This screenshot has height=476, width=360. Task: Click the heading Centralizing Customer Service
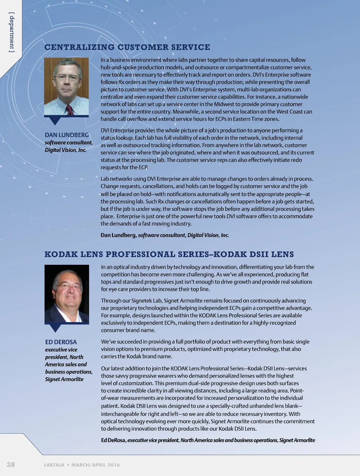[x=127, y=47]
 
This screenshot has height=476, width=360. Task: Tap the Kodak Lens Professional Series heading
[x=169, y=254]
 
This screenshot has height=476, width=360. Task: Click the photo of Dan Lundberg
[x=66, y=86]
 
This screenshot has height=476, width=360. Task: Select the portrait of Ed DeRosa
[x=67, y=294]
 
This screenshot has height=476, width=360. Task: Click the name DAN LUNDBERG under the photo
[x=67, y=135]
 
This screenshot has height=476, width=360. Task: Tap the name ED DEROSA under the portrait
[x=61, y=342]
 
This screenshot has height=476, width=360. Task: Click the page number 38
[x=11, y=464]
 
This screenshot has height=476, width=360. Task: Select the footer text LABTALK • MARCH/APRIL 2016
[x=82, y=465]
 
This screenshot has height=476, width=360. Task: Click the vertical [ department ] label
[x=12, y=32]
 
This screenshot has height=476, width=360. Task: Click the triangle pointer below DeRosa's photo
[x=55, y=328]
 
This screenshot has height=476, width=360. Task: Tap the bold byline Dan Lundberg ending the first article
[x=118, y=235]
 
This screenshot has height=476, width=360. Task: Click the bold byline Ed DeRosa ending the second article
[x=114, y=441]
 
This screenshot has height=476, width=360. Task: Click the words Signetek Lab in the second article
[x=147, y=301]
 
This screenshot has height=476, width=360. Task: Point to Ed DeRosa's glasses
[x=69, y=286]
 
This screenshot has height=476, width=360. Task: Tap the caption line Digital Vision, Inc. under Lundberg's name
[x=65, y=150]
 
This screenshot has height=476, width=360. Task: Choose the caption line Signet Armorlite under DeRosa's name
[x=64, y=379]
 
